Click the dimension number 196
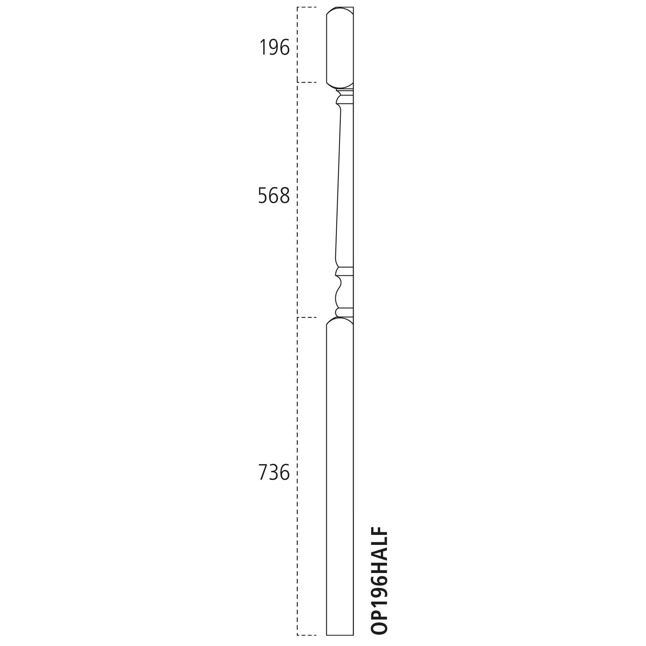[274, 47]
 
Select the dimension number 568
[274, 195]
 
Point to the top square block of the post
[340, 47]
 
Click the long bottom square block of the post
[340, 476]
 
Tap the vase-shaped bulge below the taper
[344, 292]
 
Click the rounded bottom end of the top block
[340, 85]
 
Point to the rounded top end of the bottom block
[340, 321]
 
